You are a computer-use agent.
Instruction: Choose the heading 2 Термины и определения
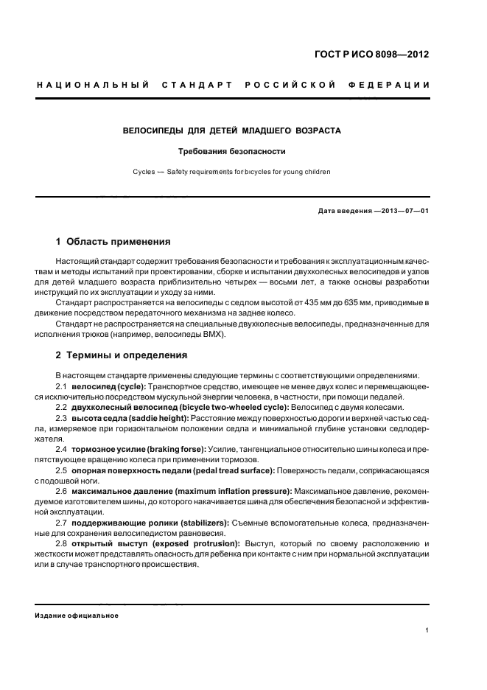[122, 355]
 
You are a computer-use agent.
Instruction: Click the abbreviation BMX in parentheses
[214, 334]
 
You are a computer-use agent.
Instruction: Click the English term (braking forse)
[170, 449]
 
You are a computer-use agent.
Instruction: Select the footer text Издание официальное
[77, 616]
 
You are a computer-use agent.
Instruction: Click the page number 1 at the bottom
[427, 630]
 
